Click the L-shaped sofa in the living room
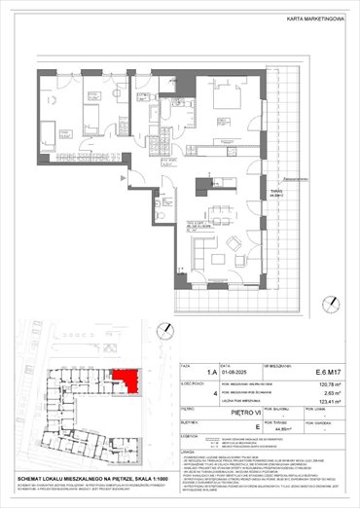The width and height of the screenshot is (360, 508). [199, 252]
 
